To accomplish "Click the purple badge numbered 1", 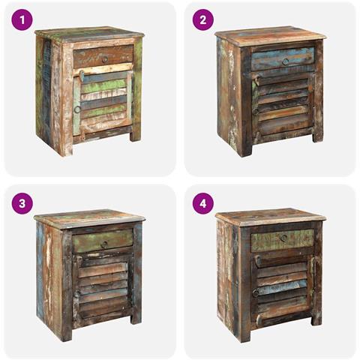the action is tap(22, 20).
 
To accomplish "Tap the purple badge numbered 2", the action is tap(202, 20).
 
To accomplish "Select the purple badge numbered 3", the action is tap(22, 203).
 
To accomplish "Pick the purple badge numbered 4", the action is tap(202, 203).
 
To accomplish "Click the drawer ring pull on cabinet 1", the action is tap(105, 59).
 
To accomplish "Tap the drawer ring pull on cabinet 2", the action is tap(285, 61).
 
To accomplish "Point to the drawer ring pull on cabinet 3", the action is tap(104, 244).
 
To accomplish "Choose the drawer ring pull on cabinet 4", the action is tap(283, 238).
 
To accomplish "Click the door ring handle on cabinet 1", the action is tap(77, 109).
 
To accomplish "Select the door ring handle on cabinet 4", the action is tap(256, 293).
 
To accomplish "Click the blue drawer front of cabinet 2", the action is tap(283, 59).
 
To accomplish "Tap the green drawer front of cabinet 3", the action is tap(103, 241).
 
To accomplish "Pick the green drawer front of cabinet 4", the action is tap(282, 240).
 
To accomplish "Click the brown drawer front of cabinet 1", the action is tap(103, 56).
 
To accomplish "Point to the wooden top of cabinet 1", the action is tap(89, 35).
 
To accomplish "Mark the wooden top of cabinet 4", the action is tap(271, 217).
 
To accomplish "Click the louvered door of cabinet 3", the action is tap(103, 289).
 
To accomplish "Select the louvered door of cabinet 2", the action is tap(283, 107).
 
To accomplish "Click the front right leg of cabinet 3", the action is tap(136, 317).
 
